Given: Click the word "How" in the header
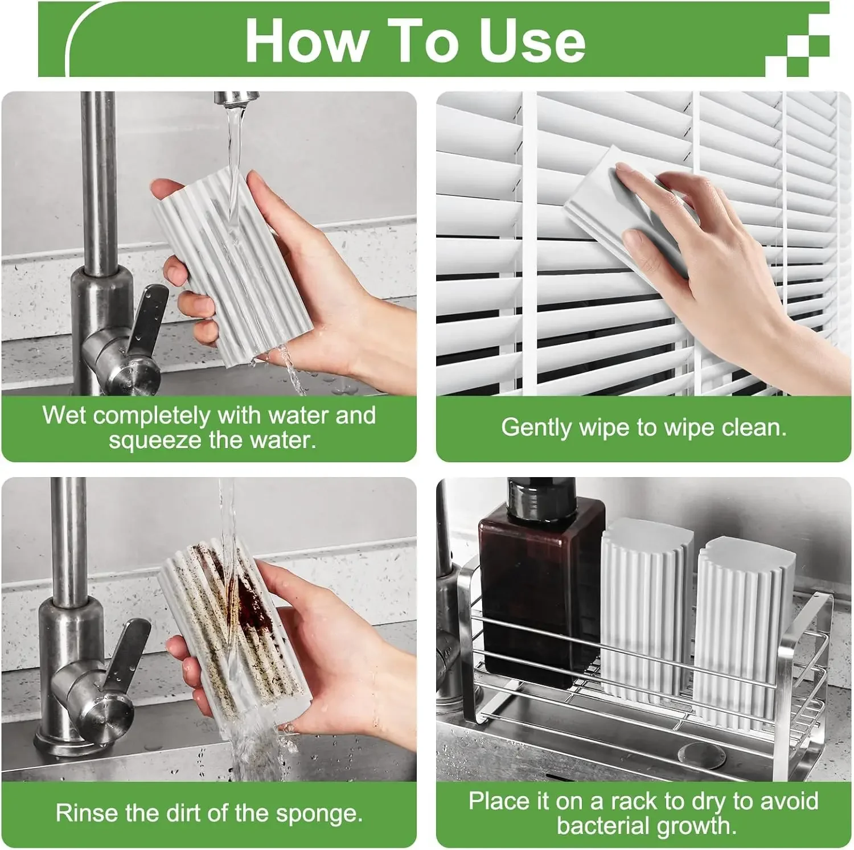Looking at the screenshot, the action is click(x=306, y=40).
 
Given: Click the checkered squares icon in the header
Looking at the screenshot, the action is click(x=797, y=45).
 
